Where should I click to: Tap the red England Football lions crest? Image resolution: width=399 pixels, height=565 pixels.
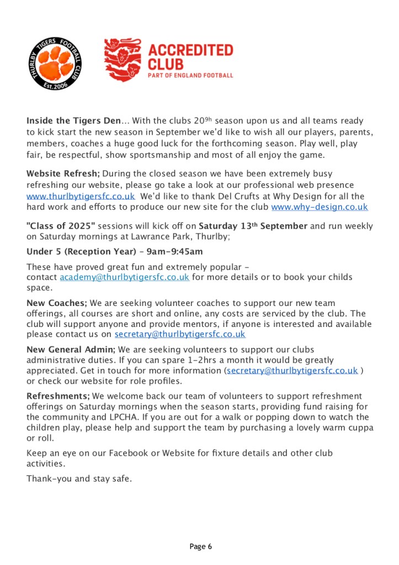click(x=123, y=60)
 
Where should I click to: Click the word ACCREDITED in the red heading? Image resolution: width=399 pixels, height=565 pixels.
click(x=190, y=50)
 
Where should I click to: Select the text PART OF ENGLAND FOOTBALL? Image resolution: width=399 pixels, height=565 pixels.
click(x=190, y=75)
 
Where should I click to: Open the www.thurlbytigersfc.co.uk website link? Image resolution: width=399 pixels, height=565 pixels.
click(x=81, y=197)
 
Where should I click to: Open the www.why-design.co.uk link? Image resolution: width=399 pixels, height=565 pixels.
click(x=320, y=207)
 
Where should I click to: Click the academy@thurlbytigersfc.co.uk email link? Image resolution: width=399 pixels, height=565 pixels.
click(x=125, y=277)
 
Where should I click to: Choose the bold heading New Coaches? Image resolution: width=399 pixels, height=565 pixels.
click(x=57, y=303)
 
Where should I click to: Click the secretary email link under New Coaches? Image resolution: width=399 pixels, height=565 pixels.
click(x=180, y=335)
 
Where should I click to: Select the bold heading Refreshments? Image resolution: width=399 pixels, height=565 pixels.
click(x=58, y=396)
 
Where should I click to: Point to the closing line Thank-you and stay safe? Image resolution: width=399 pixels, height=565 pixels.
click(x=79, y=478)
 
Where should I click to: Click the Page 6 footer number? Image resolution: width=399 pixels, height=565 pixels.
click(x=200, y=547)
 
